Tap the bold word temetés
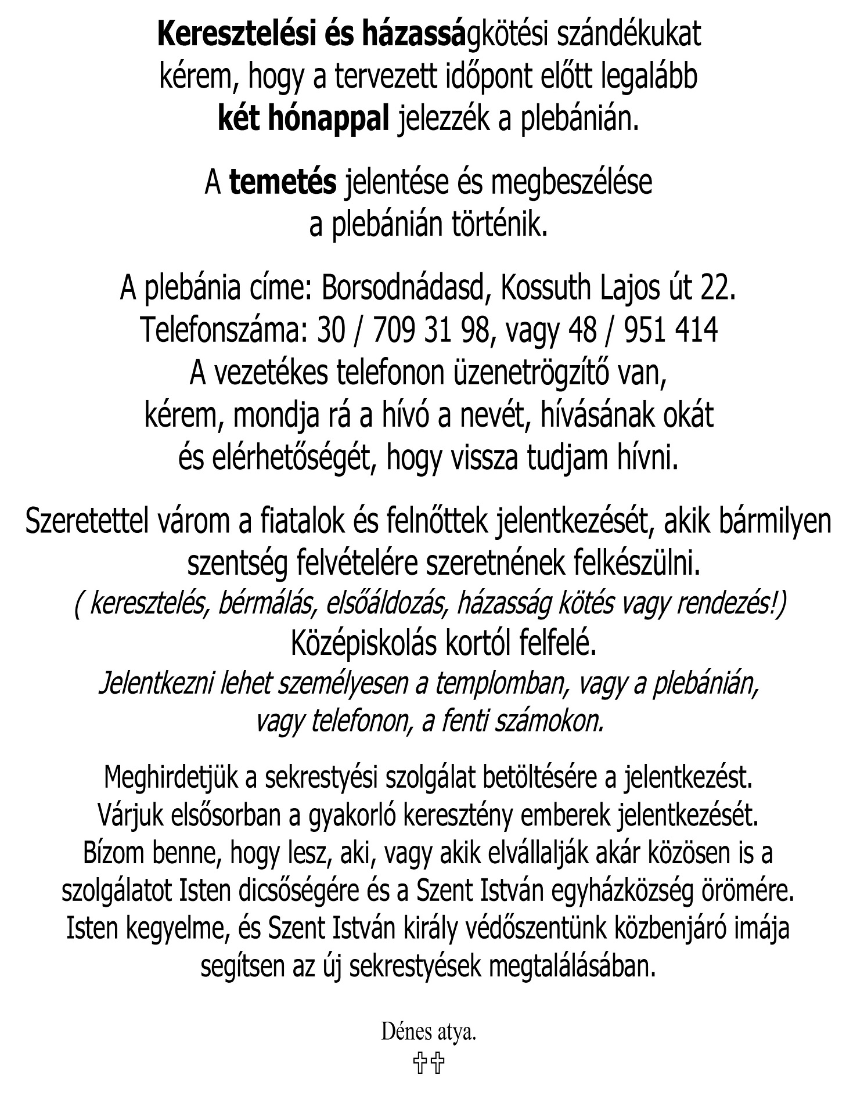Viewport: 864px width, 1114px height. click(283, 182)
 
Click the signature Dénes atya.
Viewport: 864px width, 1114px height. click(429, 1033)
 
